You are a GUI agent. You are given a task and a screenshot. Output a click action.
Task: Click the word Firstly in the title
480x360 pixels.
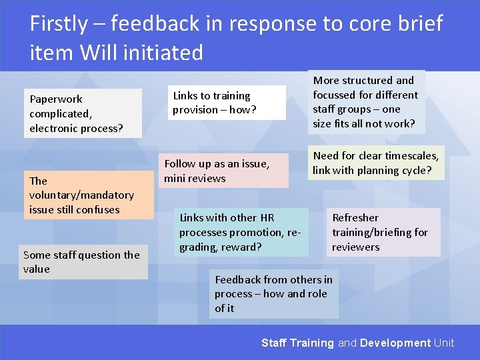coord(58,24)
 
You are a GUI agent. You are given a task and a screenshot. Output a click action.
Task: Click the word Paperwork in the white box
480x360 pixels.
coord(56,99)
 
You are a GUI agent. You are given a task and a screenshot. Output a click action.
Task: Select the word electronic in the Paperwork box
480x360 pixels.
coord(53,128)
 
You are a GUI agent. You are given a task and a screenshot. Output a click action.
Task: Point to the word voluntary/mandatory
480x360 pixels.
coord(81,195)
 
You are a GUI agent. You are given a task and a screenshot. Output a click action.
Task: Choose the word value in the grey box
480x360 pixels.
coord(36,269)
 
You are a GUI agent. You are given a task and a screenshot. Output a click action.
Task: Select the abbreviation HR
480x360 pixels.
coord(267,218)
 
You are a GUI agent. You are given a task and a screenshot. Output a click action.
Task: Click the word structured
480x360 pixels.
coord(365,81)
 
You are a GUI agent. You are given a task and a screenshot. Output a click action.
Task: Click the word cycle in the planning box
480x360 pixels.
coord(411,171)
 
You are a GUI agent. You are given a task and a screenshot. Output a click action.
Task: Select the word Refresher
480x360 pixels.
coord(355,218)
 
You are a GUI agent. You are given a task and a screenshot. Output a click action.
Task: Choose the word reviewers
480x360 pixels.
coord(356,247)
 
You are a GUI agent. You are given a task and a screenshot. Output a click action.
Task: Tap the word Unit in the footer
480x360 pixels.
coord(444,343)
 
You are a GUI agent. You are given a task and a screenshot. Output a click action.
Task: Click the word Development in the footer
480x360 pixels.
coord(395,343)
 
